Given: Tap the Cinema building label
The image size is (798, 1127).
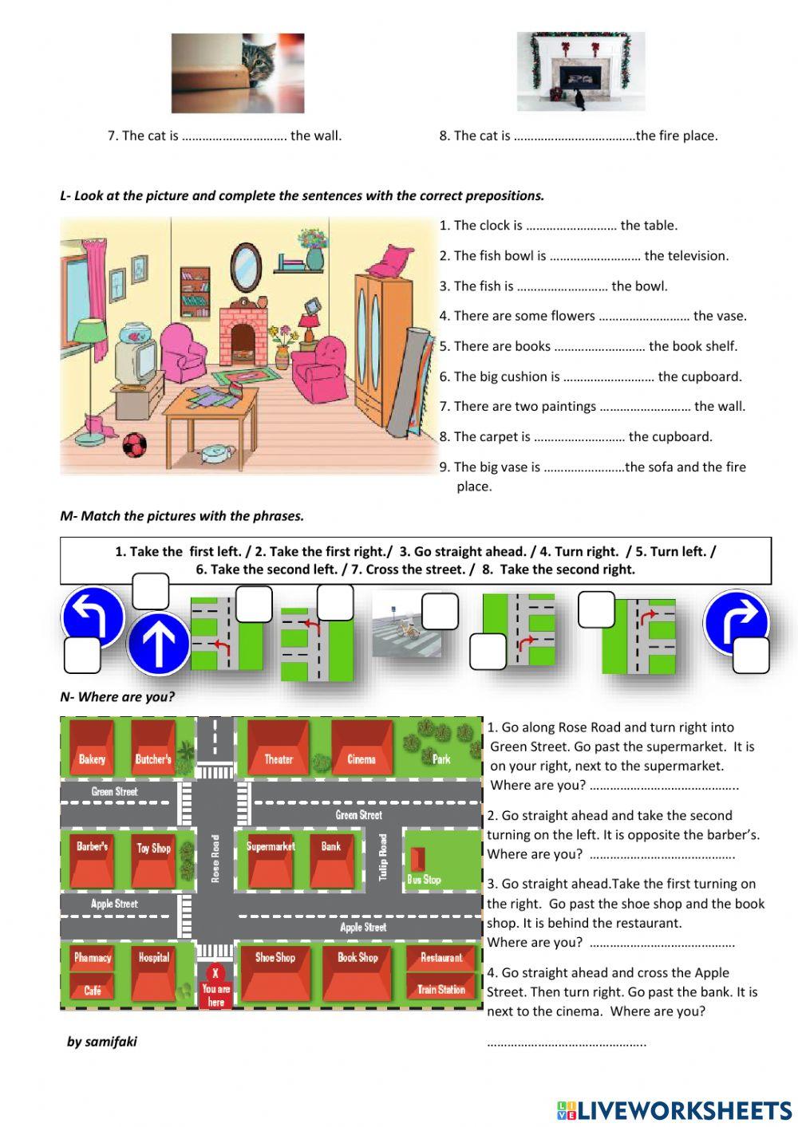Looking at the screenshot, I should click(x=361, y=759).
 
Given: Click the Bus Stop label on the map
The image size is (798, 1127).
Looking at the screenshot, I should click(x=424, y=880).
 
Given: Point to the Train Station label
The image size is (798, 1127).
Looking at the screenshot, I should click(x=440, y=989).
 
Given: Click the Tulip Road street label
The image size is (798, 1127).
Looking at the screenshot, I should click(x=383, y=857).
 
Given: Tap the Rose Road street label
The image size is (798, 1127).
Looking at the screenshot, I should click(x=215, y=858).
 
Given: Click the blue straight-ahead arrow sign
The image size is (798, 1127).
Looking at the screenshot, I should click(x=158, y=644).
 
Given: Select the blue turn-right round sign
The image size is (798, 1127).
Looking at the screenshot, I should click(x=736, y=621).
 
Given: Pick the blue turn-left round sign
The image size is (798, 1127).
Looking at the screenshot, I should click(x=93, y=617).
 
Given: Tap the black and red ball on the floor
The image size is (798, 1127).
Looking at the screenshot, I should click(x=134, y=445).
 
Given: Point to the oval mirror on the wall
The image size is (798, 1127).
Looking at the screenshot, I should click(x=246, y=267).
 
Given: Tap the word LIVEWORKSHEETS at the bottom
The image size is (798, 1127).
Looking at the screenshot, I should click(x=684, y=1109).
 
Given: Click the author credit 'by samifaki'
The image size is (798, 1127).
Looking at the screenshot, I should click(x=101, y=1042).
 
